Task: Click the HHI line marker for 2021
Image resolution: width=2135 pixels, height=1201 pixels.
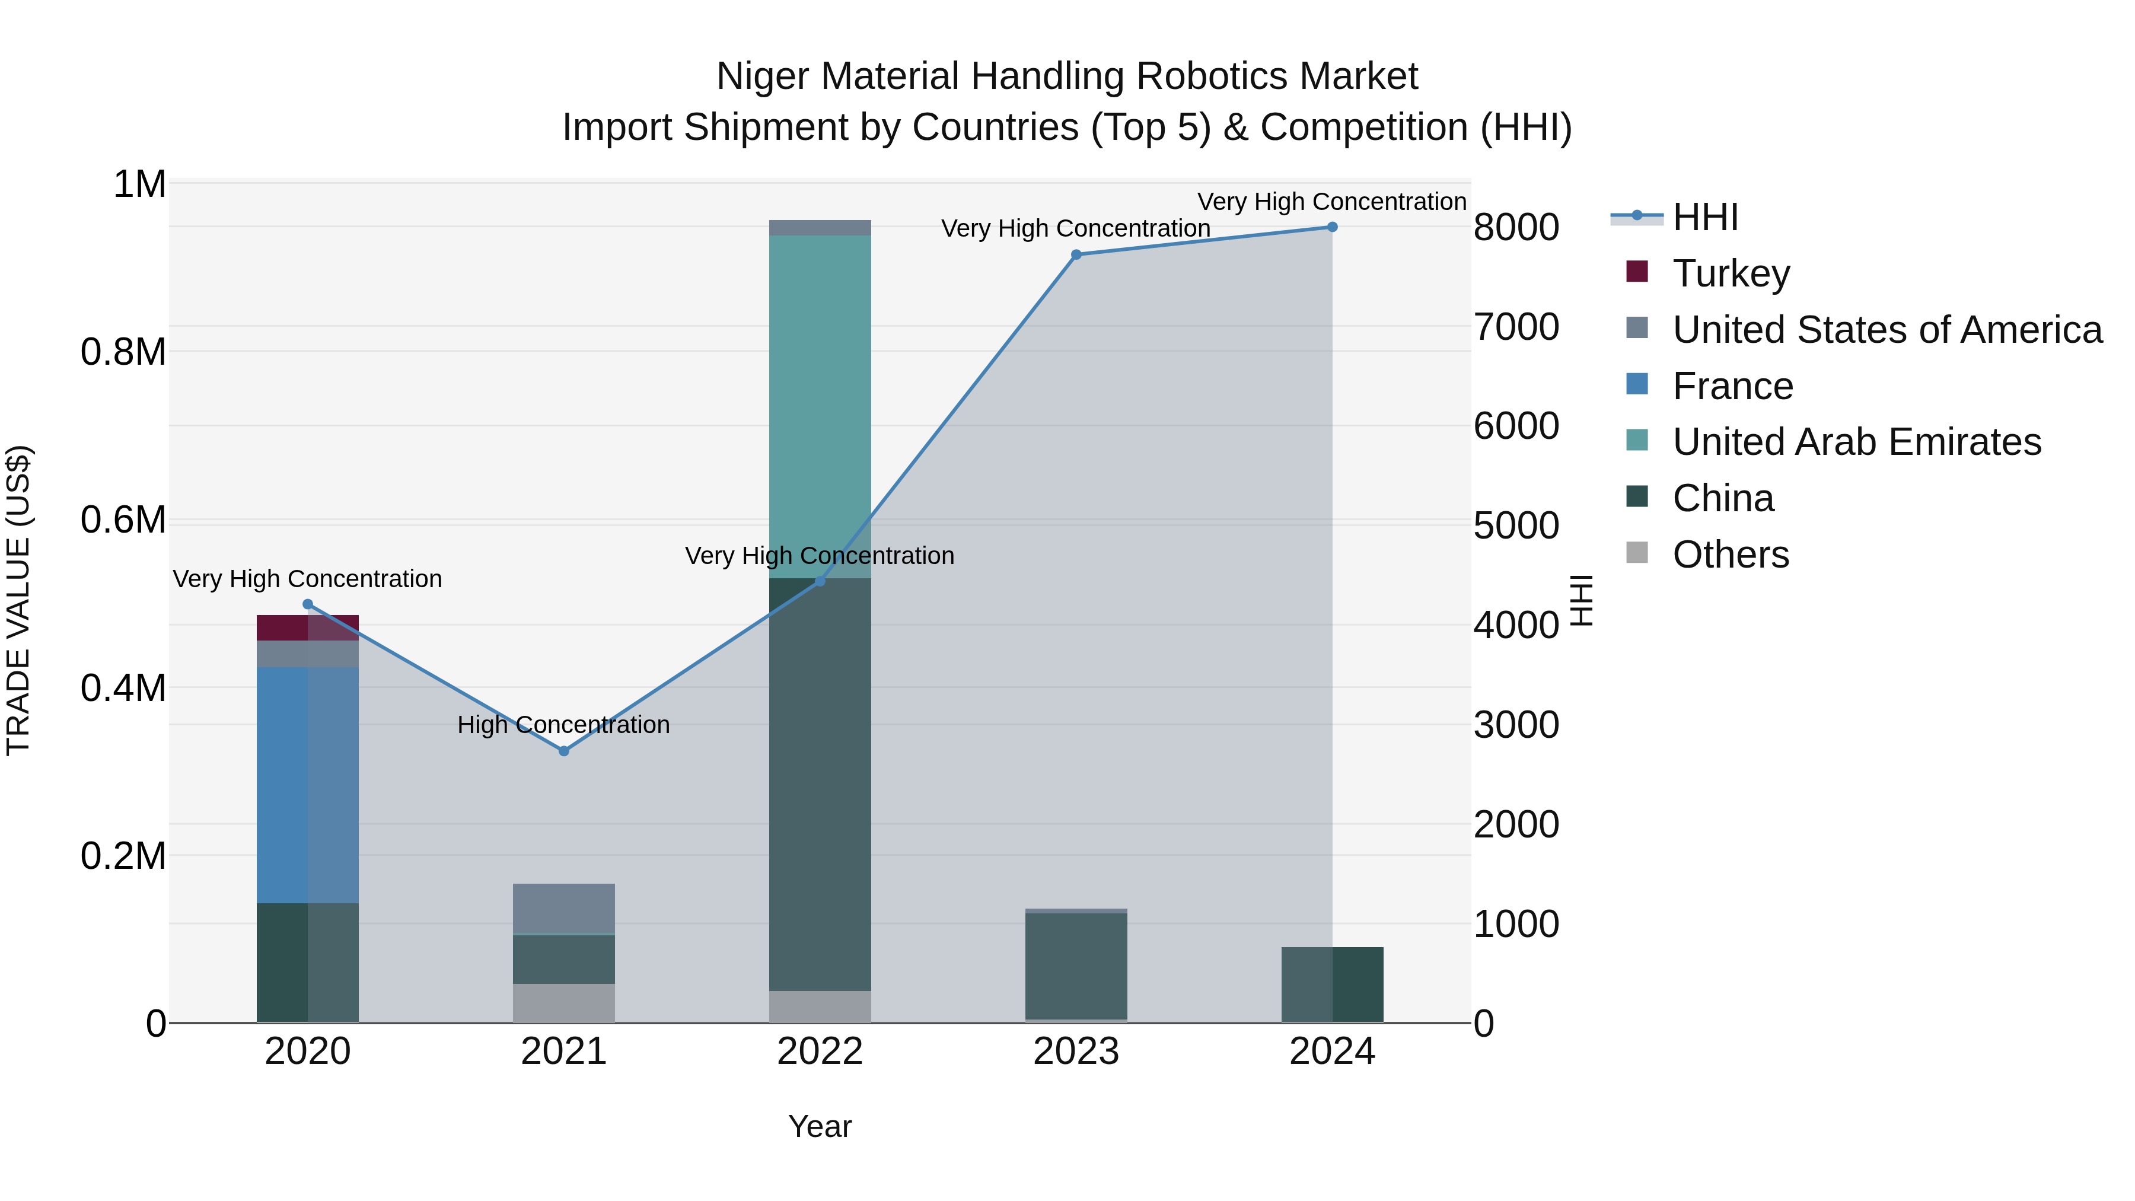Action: [x=563, y=751]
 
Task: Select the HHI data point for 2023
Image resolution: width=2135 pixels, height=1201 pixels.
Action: [x=1076, y=254]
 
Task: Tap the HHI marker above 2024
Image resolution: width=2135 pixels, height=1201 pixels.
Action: [x=1332, y=227]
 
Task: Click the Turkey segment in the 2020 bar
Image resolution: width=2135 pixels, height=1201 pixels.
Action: [x=307, y=627]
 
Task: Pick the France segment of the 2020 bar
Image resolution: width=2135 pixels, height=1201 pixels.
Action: [x=307, y=784]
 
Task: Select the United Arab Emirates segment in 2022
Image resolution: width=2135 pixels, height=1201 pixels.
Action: [x=820, y=406]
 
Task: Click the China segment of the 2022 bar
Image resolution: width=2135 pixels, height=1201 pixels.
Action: [x=820, y=784]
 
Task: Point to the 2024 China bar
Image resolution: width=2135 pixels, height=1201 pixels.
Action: [x=1332, y=985]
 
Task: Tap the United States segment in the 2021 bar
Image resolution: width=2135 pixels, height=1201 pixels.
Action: [x=563, y=909]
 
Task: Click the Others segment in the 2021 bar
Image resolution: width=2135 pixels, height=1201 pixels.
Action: [x=563, y=1003]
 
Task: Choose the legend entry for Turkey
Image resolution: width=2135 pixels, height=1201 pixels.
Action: [x=1731, y=273]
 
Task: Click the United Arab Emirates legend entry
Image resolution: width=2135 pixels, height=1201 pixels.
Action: [x=1856, y=442]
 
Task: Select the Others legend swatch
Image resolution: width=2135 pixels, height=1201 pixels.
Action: [x=1637, y=553]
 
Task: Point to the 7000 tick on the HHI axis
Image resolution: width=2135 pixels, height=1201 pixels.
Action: [x=1516, y=327]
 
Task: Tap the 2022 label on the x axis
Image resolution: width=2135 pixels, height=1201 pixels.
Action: [x=820, y=1052]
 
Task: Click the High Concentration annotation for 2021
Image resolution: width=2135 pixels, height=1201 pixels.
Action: [x=563, y=724]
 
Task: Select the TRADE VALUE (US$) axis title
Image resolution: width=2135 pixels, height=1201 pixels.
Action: [x=18, y=600]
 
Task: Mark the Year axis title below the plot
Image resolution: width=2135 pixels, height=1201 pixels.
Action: [x=820, y=1126]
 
